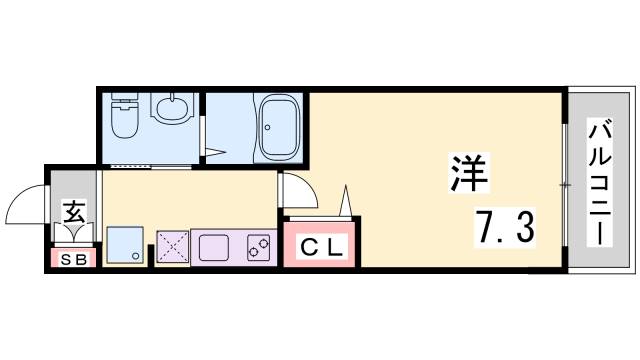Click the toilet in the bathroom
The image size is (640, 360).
pos(125,116)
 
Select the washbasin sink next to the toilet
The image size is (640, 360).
pos(172,108)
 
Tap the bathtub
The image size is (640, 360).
pos(280,128)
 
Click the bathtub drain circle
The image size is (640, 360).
pos(267,127)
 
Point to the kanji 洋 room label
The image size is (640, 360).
pos(469,173)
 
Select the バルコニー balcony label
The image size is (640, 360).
pos(600,182)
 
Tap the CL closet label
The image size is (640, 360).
pos(321,247)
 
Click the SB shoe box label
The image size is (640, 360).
pos(73,259)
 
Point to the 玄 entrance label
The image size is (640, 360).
pos(74,211)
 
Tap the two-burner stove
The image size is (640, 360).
pos(258,248)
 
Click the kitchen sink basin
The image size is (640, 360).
pos(213,248)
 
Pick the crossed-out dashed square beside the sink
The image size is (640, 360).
pos(173,247)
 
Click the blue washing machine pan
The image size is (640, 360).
pos(125,245)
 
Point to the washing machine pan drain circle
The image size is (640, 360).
pos(136,256)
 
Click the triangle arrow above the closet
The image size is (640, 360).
pos(345,200)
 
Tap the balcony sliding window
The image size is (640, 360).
pos(564,185)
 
